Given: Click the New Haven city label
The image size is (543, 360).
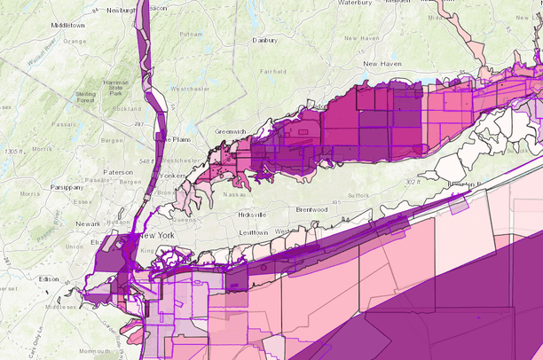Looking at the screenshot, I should pyautogui.click(x=383, y=64).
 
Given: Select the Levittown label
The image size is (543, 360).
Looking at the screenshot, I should pyautogui.click(x=252, y=232).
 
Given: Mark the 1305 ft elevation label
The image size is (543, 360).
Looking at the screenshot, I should pyautogui.click(x=13, y=153).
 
